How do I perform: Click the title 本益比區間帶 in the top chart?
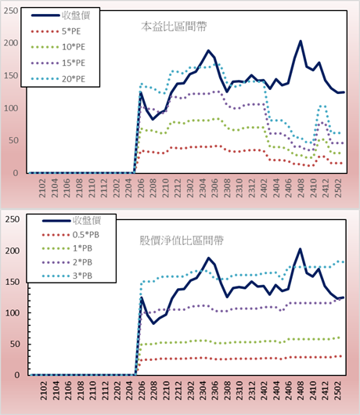(174, 27)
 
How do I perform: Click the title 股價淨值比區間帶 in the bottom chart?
(182, 240)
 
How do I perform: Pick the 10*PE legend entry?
(58, 47)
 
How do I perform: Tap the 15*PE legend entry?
(58, 63)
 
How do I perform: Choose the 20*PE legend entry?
(58, 79)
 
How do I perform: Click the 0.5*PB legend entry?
(70, 235)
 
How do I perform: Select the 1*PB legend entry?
(67, 248)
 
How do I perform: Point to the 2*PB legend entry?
(67, 262)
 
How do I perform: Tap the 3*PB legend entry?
(67, 276)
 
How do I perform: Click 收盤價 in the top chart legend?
(76, 16)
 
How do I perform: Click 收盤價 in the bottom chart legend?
(87, 221)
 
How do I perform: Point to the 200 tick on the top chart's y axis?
(11, 43)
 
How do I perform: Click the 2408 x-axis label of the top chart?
(301, 188)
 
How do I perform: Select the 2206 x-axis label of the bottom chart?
(141, 391)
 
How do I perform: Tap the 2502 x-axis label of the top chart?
(338, 188)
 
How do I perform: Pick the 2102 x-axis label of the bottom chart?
(44, 391)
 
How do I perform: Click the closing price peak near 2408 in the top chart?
(301, 41)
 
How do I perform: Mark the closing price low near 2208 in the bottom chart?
(153, 323)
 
